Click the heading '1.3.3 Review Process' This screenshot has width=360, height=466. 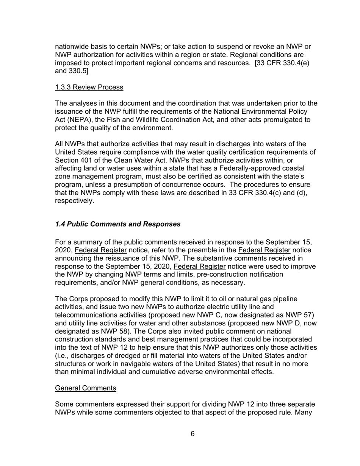tap(89, 87)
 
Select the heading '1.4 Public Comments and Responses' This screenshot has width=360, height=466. tap(117, 224)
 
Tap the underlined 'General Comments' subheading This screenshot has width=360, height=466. tap(85, 388)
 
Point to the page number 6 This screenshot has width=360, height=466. tap(193, 434)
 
